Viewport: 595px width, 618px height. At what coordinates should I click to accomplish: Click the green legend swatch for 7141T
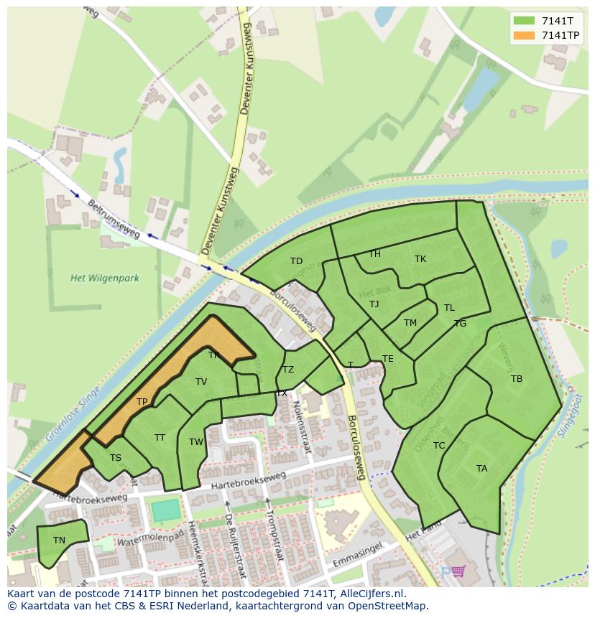(525, 21)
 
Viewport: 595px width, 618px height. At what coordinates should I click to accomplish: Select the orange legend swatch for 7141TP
(525, 35)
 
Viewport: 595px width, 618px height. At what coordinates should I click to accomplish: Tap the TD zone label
(296, 261)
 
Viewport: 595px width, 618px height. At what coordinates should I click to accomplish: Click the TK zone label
(420, 259)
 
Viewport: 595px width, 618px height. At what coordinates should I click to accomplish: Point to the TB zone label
(517, 379)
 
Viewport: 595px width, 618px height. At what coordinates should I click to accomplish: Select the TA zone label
(481, 469)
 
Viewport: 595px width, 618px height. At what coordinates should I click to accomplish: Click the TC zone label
(439, 446)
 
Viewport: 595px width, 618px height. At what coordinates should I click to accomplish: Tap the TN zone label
(59, 540)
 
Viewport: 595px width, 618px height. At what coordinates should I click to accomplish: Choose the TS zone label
(115, 458)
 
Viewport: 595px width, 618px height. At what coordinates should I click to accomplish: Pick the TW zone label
(196, 442)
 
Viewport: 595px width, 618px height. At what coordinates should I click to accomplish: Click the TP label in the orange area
(142, 402)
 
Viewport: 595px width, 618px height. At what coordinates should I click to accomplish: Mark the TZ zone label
(288, 370)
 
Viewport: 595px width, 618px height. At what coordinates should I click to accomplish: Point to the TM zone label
(410, 323)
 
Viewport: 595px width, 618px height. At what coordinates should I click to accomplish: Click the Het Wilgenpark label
(105, 278)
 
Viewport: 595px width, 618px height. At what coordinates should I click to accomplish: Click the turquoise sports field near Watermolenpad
(165, 511)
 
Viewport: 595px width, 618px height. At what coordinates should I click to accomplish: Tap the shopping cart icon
(458, 572)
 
